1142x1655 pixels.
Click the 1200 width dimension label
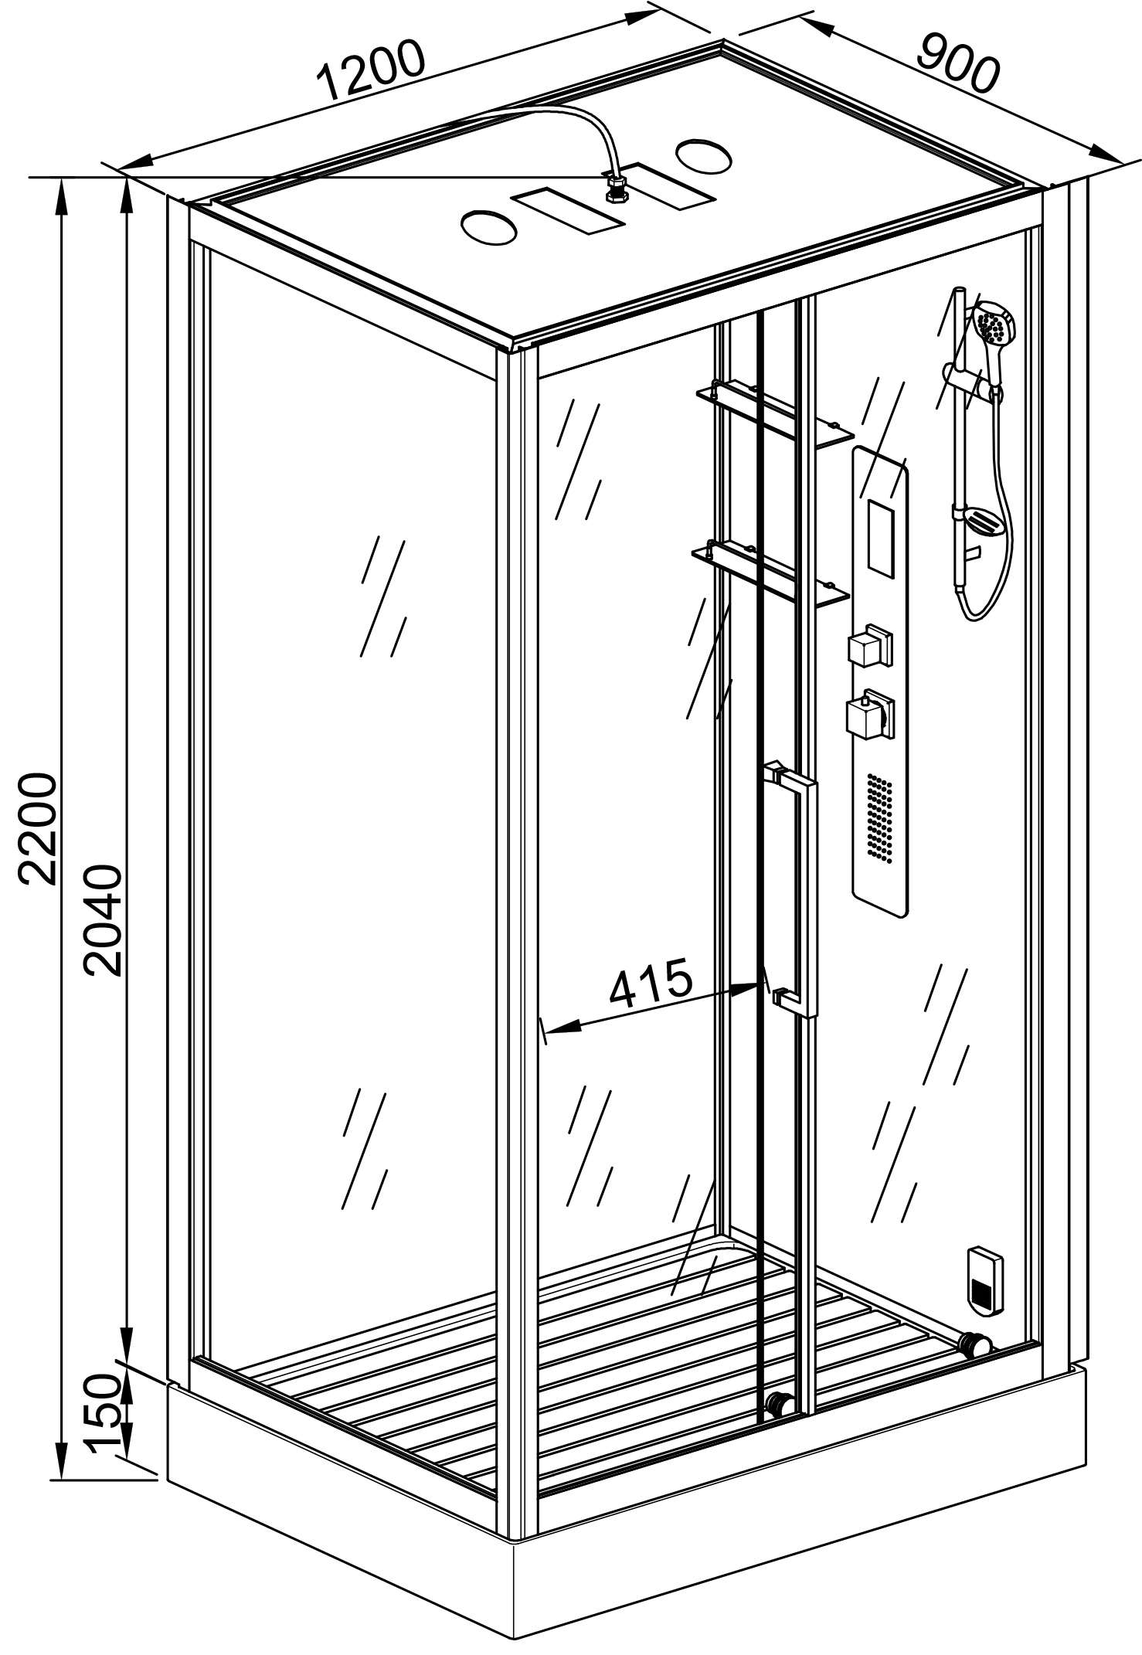click(x=372, y=70)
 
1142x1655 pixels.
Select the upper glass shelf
click(x=773, y=413)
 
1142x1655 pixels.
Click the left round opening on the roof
click(x=488, y=227)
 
